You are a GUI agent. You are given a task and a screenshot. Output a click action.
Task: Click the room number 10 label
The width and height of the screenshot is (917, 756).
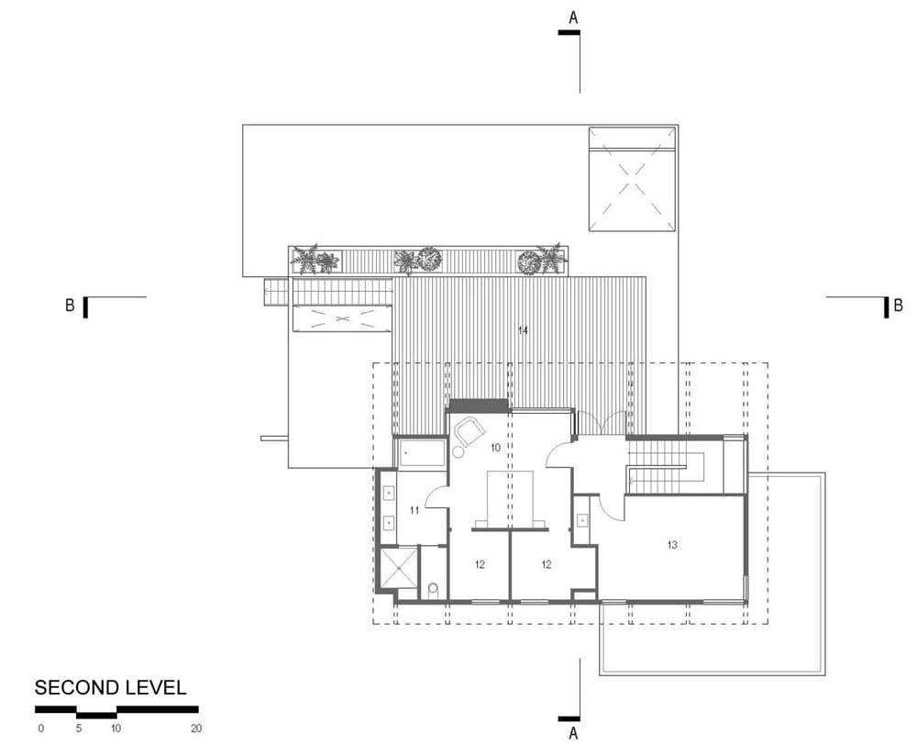(495, 448)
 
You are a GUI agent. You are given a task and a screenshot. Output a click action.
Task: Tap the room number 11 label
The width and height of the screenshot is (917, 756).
(414, 510)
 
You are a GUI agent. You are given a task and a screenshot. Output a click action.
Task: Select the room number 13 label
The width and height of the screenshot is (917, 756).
(672, 545)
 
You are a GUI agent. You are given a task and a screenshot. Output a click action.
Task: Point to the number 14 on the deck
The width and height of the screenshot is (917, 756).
(523, 330)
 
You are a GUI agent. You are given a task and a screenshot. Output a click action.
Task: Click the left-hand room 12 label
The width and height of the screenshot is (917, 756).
(480, 564)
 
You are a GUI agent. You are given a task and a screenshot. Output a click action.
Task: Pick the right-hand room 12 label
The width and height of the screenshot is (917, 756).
(547, 564)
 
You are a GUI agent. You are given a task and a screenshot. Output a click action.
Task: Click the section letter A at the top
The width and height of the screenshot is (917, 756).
(573, 18)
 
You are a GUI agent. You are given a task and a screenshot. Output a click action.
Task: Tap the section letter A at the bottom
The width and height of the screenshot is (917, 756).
(573, 733)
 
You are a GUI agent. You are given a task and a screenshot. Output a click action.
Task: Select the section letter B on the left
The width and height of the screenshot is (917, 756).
(71, 306)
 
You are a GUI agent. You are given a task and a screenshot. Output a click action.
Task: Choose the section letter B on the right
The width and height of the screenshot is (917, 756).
(898, 306)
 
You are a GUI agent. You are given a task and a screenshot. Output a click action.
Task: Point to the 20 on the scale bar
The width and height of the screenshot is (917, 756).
(196, 728)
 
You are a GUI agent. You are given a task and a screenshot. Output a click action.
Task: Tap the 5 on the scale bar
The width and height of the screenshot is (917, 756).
(78, 728)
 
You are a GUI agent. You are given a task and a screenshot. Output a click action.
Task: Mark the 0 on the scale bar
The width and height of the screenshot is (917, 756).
(41, 728)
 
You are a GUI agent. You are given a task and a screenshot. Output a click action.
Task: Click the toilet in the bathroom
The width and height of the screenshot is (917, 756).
(434, 591)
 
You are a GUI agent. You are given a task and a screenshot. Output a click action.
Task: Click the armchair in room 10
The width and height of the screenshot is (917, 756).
(470, 432)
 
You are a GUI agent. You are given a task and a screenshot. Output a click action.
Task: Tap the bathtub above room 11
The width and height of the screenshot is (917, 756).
(421, 453)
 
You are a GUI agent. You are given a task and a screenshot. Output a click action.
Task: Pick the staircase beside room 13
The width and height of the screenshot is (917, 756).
(667, 467)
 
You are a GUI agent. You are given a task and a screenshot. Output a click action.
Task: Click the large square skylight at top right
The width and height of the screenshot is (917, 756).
(632, 179)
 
